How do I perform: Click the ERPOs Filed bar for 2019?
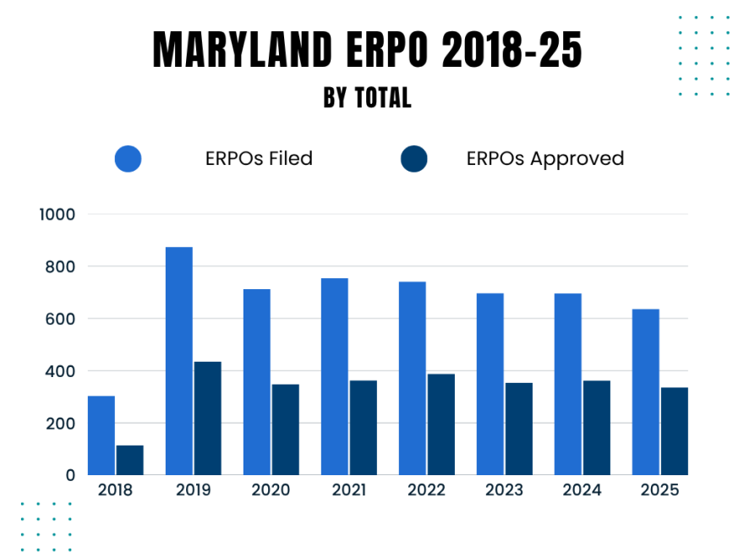[x=178, y=361]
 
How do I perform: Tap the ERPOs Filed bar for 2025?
[x=645, y=392]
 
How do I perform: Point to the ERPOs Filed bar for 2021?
[x=334, y=376]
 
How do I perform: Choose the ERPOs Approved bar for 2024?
[x=596, y=428]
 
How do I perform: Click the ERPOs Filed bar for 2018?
[x=101, y=435]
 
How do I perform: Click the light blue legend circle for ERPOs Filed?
[x=128, y=159]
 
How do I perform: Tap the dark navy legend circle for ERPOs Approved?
[x=414, y=159]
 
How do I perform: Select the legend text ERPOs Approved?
[x=544, y=159]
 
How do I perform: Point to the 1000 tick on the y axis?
[x=57, y=215]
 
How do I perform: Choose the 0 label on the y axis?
[x=71, y=475]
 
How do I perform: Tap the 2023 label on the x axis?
[x=504, y=490]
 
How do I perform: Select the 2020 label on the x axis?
[x=271, y=490]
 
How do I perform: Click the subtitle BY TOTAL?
[x=367, y=98]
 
